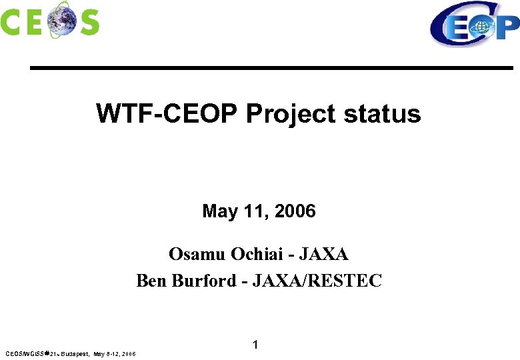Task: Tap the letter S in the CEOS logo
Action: (88, 23)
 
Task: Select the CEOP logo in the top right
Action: (474, 25)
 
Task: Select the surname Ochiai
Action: (259, 254)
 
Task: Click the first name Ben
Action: (151, 281)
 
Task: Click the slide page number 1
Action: (255, 345)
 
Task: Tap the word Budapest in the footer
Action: (75, 353)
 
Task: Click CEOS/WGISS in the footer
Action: (24, 353)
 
